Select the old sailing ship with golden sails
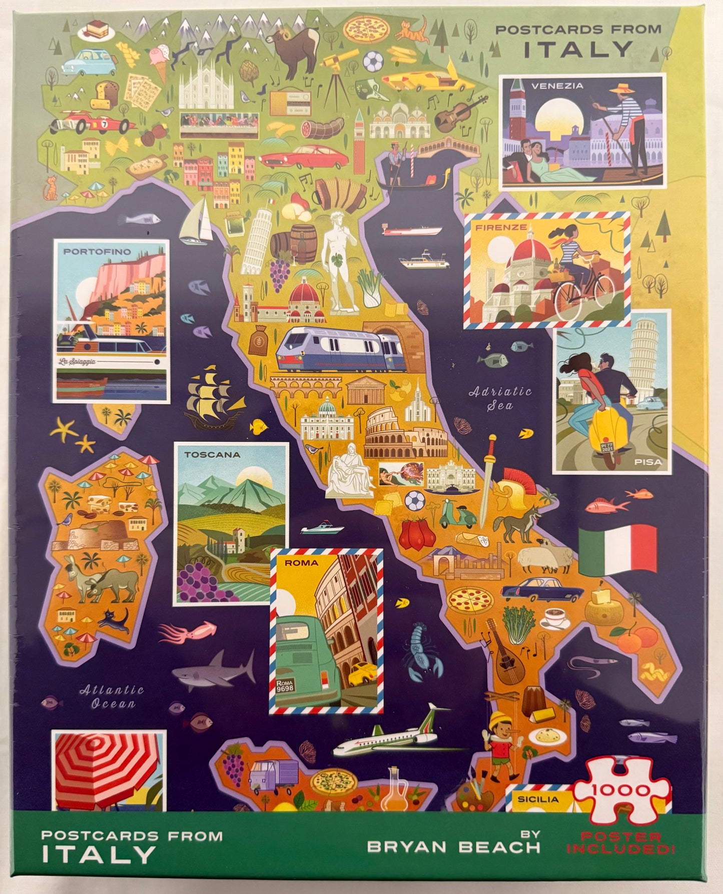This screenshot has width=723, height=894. tap(213, 395)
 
